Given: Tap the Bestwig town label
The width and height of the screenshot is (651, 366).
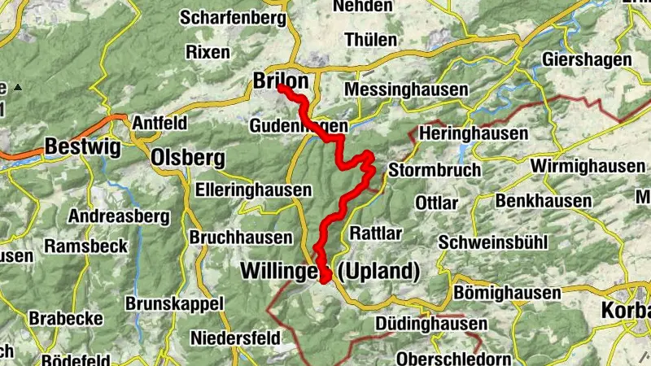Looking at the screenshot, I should [x=82, y=147].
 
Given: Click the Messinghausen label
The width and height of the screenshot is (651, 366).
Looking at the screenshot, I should [x=406, y=89].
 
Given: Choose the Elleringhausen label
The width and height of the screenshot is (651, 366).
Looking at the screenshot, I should [x=254, y=190].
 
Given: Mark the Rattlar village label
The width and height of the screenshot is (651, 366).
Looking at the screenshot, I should [x=376, y=233].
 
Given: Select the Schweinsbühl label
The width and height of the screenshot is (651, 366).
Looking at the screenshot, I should [x=493, y=242].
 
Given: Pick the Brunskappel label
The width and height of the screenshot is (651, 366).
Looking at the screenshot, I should [x=175, y=303].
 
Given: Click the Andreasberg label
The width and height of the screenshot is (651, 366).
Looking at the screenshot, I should [x=118, y=217].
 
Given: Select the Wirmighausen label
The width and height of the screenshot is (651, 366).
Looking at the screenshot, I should [x=587, y=166].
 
